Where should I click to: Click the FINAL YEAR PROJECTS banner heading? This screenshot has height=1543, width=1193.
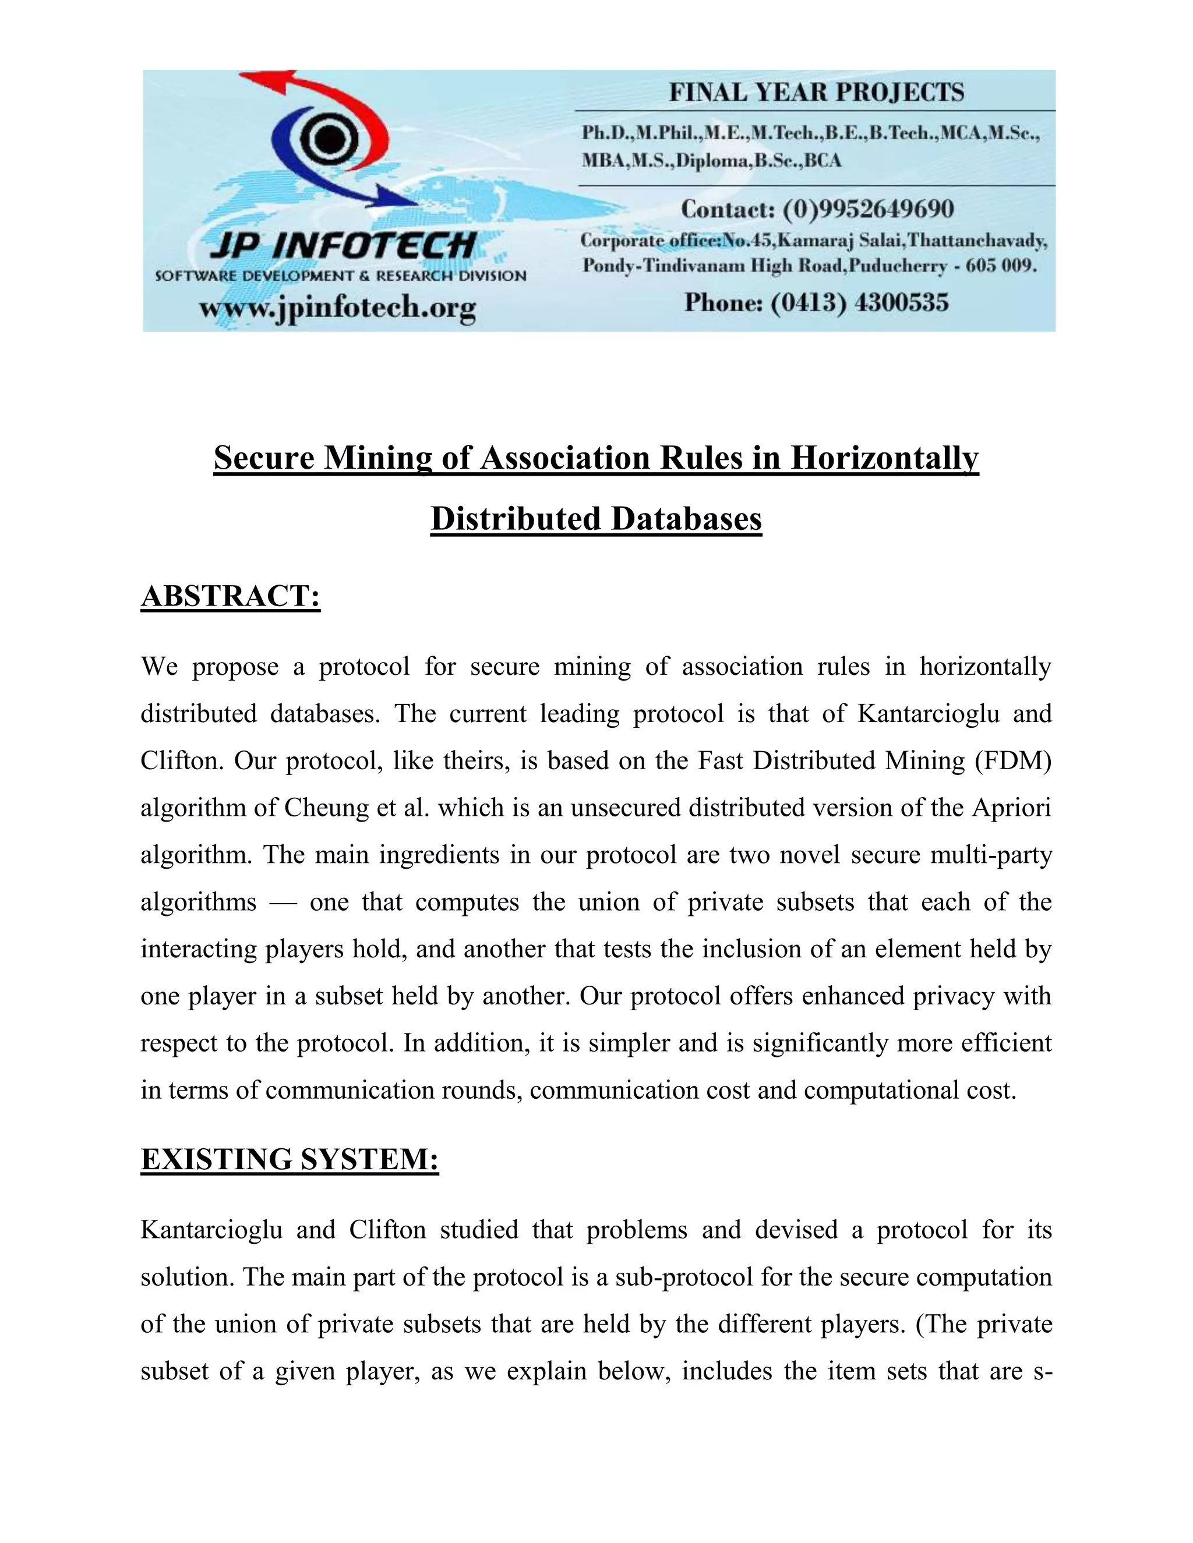[x=816, y=93]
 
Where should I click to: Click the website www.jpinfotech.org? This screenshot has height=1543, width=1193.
[x=337, y=308]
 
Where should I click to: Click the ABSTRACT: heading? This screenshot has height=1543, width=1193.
[x=231, y=596]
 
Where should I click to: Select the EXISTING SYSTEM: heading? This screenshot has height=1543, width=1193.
[x=290, y=1159]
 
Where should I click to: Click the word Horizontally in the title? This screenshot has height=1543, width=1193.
[x=884, y=458]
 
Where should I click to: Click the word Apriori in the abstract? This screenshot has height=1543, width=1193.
[x=1011, y=808]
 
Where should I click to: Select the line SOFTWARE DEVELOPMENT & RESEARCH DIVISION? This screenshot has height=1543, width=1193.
[x=341, y=276]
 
